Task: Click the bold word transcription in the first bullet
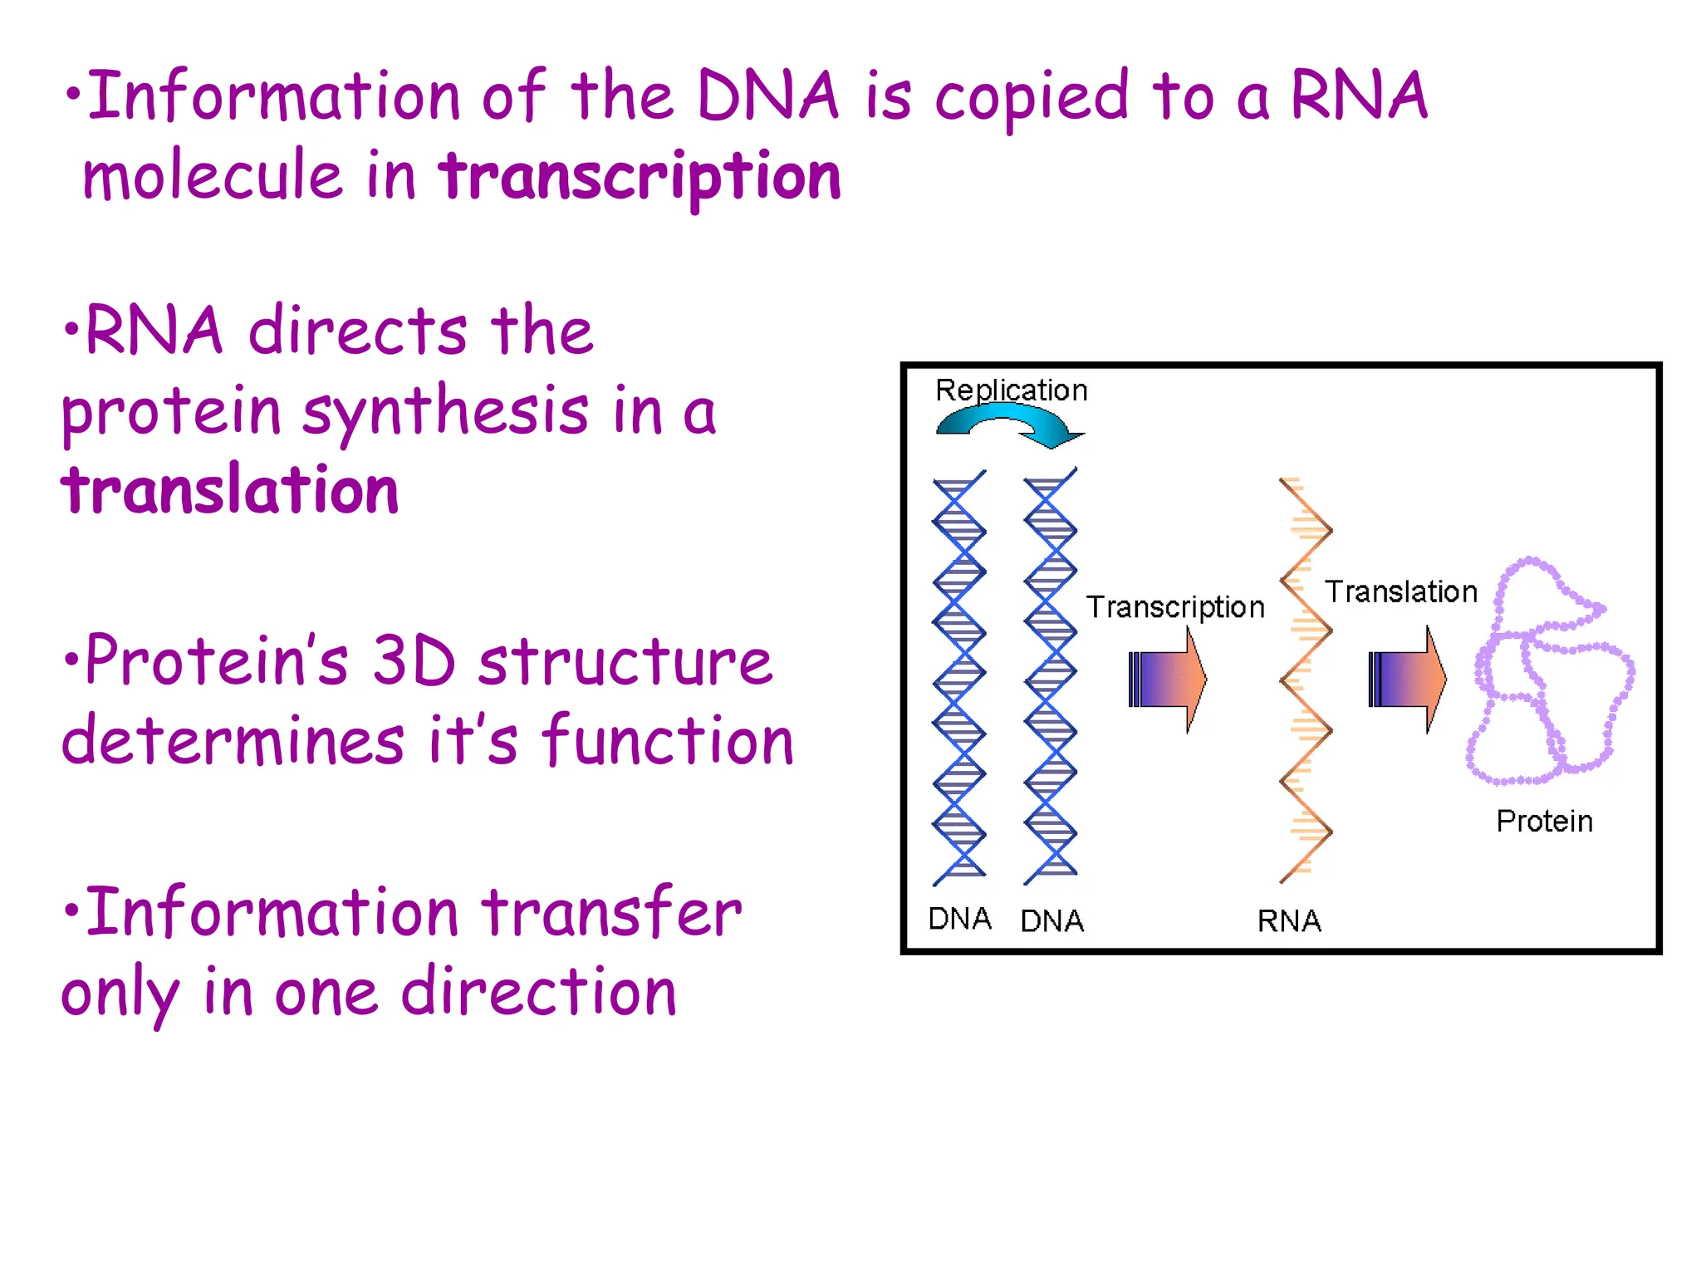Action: [640, 177]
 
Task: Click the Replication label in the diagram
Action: [1011, 390]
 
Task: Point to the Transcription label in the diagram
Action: [1175, 607]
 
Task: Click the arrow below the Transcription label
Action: [1167, 680]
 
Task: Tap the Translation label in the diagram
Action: [1401, 591]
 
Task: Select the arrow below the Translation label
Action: [1407, 680]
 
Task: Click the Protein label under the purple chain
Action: [1544, 821]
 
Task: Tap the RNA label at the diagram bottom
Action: [1288, 920]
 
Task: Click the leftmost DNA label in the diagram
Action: [959, 919]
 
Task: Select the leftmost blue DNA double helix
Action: [958, 677]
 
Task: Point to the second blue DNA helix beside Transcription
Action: [1050, 677]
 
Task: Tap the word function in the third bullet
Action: [668, 741]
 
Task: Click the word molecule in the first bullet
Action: [213, 177]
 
